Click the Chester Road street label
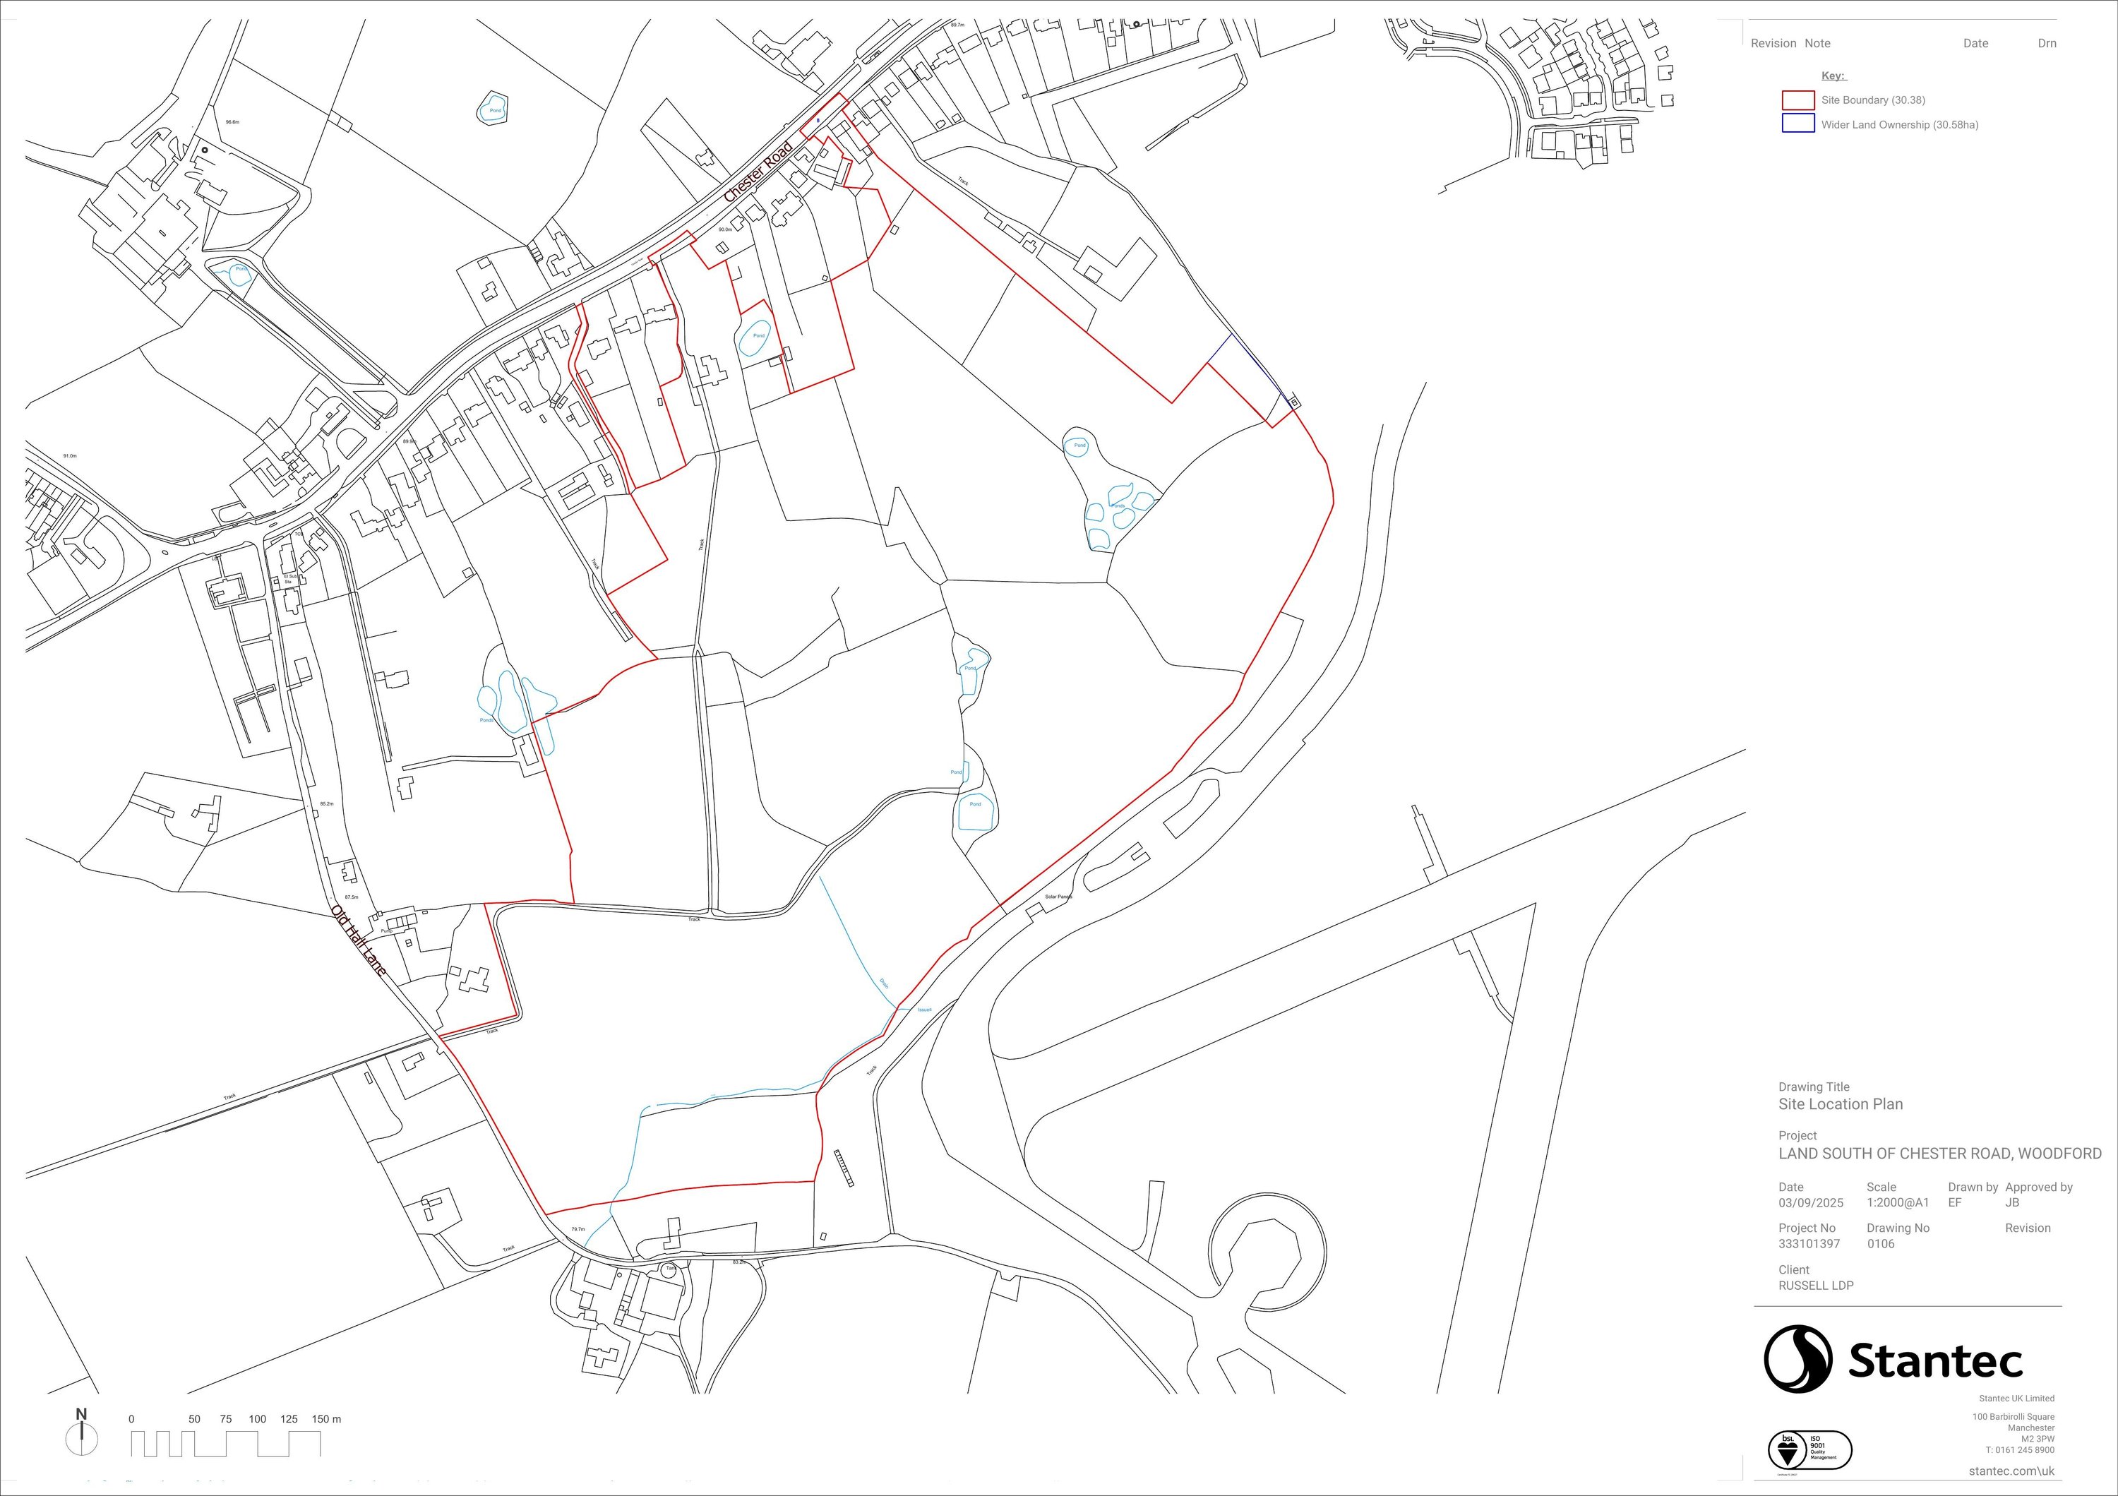pyautogui.click(x=758, y=172)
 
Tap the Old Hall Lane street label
pyautogui.click(x=358, y=941)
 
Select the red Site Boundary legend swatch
pyautogui.click(x=1798, y=100)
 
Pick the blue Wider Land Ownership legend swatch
pyautogui.click(x=1798, y=124)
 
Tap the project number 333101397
pyautogui.click(x=1809, y=1243)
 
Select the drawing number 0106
pyautogui.click(x=1880, y=1243)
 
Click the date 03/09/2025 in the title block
pyautogui.click(x=1811, y=1203)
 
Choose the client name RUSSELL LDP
pyautogui.click(x=1815, y=1285)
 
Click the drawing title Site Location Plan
pyautogui.click(x=1841, y=1104)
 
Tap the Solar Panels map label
pyautogui.click(x=1059, y=897)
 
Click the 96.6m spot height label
pyautogui.click(x=232, y=121)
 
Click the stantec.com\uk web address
pyautogui.click(x=2011, y=1471)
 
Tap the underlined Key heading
pyautogui.click(x=1832, y=76)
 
